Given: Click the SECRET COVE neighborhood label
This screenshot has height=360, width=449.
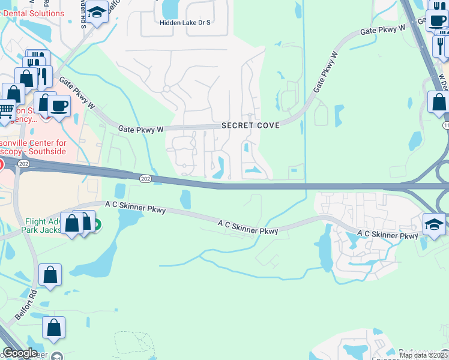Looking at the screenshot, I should pyautogui.click(x=250, y=125).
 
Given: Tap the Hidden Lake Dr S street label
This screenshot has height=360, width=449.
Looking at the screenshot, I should pyautogui.click(x=185, y=23).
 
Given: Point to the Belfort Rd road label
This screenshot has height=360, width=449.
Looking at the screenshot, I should pyautogui.click(x=28, y=307).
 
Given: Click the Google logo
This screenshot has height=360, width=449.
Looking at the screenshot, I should pyautogui.click(x=20, y=353).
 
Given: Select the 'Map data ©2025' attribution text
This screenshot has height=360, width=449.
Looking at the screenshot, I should pyautogui.click(x=424, y=355).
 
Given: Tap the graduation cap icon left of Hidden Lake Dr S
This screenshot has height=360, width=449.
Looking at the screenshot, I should pyautogui.click(x=96, y=11).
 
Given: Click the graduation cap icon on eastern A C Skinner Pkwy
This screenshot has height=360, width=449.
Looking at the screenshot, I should pyautogui.click(x=435, y=225).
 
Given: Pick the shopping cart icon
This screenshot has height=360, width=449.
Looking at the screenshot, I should pyautogui.click(x=5, y=111).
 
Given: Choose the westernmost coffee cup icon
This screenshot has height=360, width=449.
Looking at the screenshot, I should pyautogui.click(x=58, y=106).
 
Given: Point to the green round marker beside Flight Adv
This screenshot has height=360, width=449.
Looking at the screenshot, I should pyautogui.click(x=97, y=226).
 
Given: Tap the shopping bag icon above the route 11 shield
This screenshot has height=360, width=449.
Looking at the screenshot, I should pyautogui.click(x=439, y=102).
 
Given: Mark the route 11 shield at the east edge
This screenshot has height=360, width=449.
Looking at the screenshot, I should pyautogui.click(x=446, y=125).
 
